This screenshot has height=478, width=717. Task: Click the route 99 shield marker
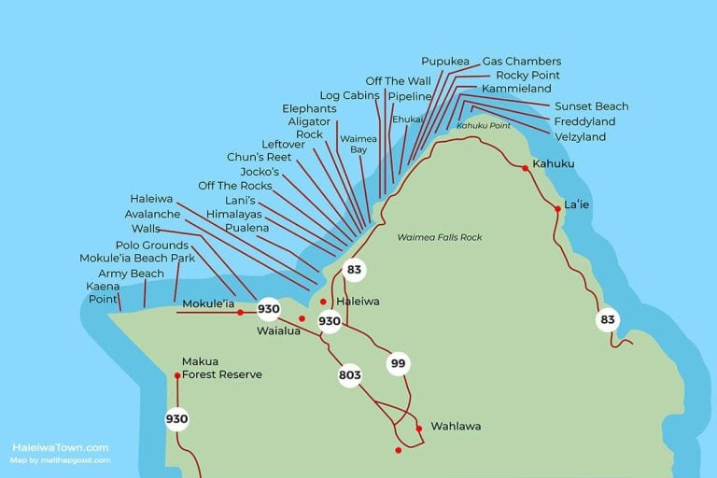(399, 364)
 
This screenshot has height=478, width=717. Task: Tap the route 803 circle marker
(349, 376)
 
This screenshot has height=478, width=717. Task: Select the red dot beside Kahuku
(526, 167)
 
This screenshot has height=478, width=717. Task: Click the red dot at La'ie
(557, 209)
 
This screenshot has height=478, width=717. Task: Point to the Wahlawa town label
(456, 427)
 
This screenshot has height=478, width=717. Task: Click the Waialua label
(278, 330)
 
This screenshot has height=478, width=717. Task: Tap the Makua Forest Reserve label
(221, 368)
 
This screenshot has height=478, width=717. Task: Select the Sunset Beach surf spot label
(591, 106)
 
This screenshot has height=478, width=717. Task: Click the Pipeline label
(410, 96)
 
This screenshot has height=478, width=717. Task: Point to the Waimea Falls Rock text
(439, 238)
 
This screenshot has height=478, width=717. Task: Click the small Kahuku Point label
(483, 125)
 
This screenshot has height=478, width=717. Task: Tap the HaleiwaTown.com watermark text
(60, 447)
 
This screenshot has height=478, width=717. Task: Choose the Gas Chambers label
(521, 62)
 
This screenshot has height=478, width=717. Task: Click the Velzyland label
(580, 137)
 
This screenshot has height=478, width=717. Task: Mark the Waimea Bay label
(352, 144)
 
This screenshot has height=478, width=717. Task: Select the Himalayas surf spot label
(234, 214)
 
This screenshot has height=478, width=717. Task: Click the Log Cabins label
(349, 95)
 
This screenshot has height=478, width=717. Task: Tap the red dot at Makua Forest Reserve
(176, 375)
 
